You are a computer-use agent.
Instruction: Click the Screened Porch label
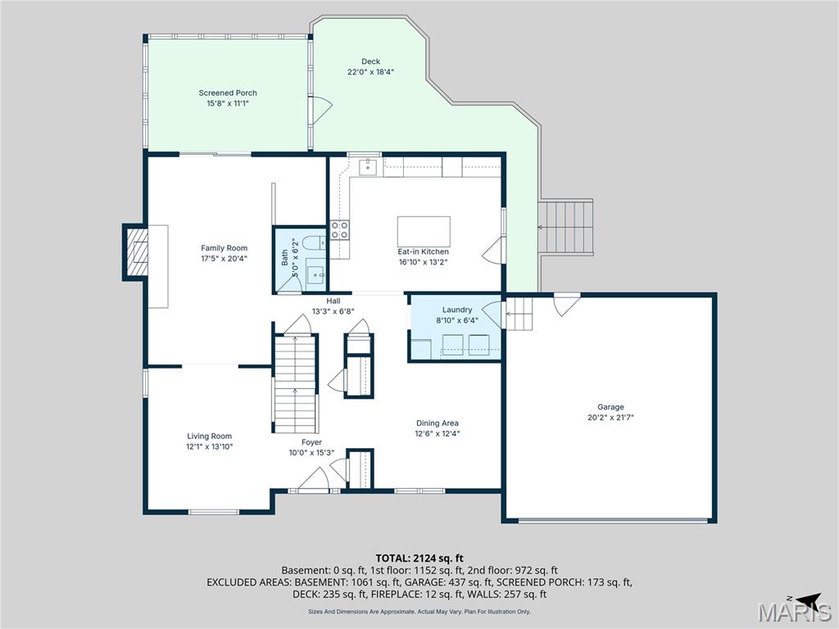pyautogui.click(x=228, y=93)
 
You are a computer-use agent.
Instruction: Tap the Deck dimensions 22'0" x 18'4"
pyautogui.click(x=371, y=72)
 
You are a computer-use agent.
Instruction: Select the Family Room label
pyautogui.click(x=224, y=248)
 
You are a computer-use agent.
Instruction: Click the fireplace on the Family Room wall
pyautogui.click(x=136, y=252)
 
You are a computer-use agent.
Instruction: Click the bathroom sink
pyautogui.click(x=315, y=274)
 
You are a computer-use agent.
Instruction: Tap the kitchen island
pyautogui.click(x=424, y=231)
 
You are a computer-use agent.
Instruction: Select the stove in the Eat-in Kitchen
pyautogui.click(x=339, y=230)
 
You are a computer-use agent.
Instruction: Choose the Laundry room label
pyautogui.click(x=457, y=310)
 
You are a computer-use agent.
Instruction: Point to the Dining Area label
pyautogui.click(x=438, y=423)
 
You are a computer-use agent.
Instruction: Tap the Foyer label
pyautogui.click(x=311, y=442)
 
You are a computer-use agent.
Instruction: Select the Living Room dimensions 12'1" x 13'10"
pyautogui.click(x=210, y=446)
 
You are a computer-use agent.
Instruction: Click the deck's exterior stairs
pyautogui.click(x=565, y=227)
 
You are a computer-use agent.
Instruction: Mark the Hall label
pyautogui.click(x=333, y=301)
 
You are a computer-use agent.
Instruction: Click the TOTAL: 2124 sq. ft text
pyautogui.click(x=419, y=559)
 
